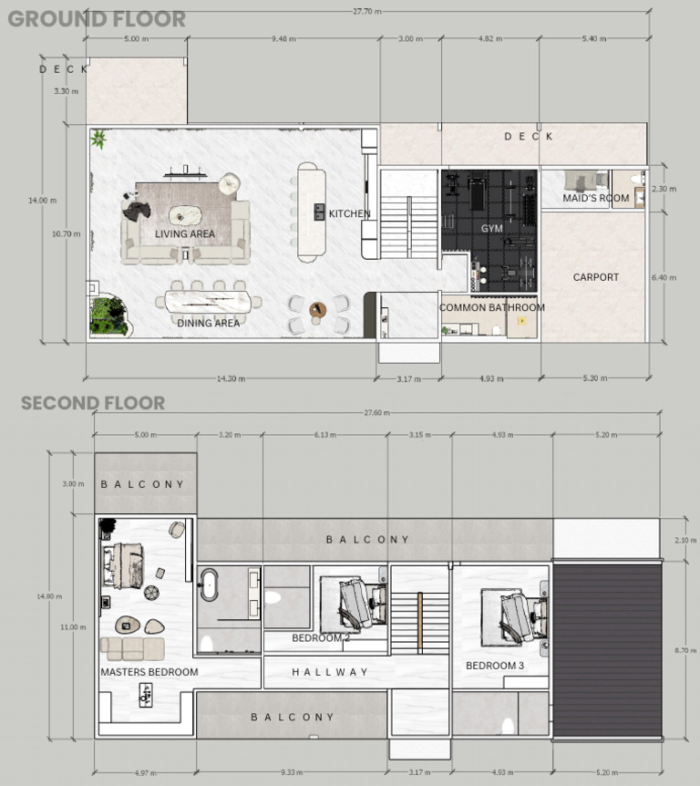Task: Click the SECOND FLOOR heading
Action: [93, 403]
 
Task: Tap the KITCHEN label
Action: [349, 214]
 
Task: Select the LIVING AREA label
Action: [185, 234]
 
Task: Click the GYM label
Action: [492, 228]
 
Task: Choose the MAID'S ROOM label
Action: [595, 198]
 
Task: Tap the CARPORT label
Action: [595, 277]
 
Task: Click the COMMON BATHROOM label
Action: [492, 308]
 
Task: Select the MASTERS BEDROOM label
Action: [149, 672]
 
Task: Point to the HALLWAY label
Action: [330, 672]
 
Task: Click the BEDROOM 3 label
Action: [495, 666]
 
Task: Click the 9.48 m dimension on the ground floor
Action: [285, 39]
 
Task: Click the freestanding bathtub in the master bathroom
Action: [211, 584]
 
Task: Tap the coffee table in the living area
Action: [187, 216]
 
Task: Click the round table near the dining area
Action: [316, 310]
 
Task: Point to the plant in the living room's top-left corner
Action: [98, 139]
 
